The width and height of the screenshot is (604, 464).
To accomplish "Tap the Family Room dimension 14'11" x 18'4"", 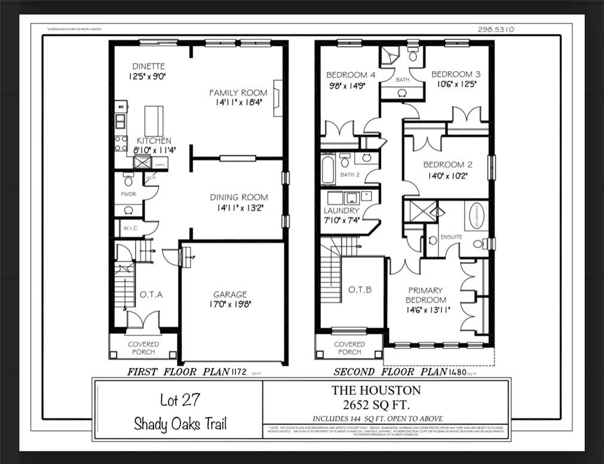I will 238,103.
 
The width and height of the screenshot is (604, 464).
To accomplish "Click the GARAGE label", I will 230,294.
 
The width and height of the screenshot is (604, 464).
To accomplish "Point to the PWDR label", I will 128,194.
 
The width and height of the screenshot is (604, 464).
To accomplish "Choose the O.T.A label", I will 151,294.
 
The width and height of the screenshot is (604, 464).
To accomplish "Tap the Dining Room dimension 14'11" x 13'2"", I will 238,208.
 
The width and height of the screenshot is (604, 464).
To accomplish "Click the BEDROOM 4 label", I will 351,75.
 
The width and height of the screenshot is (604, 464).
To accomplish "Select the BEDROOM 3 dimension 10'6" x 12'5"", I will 456,85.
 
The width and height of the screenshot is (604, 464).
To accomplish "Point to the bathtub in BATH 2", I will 328,170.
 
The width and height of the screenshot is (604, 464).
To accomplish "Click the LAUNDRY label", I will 341,211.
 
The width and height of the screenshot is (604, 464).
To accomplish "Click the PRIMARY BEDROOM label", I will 426,295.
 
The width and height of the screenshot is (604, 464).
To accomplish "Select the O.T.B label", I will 360,290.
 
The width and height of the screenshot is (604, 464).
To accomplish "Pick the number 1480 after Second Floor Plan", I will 457,372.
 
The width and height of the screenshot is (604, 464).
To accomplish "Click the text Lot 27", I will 180,400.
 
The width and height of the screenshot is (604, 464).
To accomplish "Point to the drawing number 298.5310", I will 496,29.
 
